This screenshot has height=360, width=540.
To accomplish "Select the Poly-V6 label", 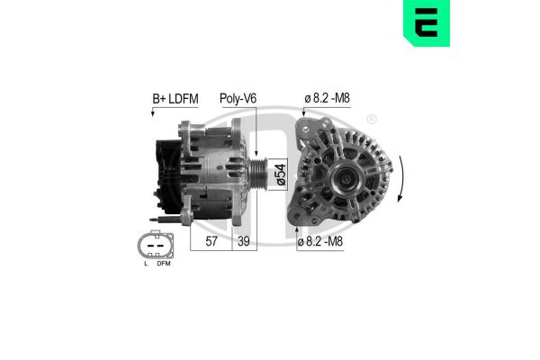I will point(238,98).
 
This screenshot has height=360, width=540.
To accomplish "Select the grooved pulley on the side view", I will point(256,171).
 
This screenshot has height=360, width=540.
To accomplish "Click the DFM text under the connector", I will point(162,265).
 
